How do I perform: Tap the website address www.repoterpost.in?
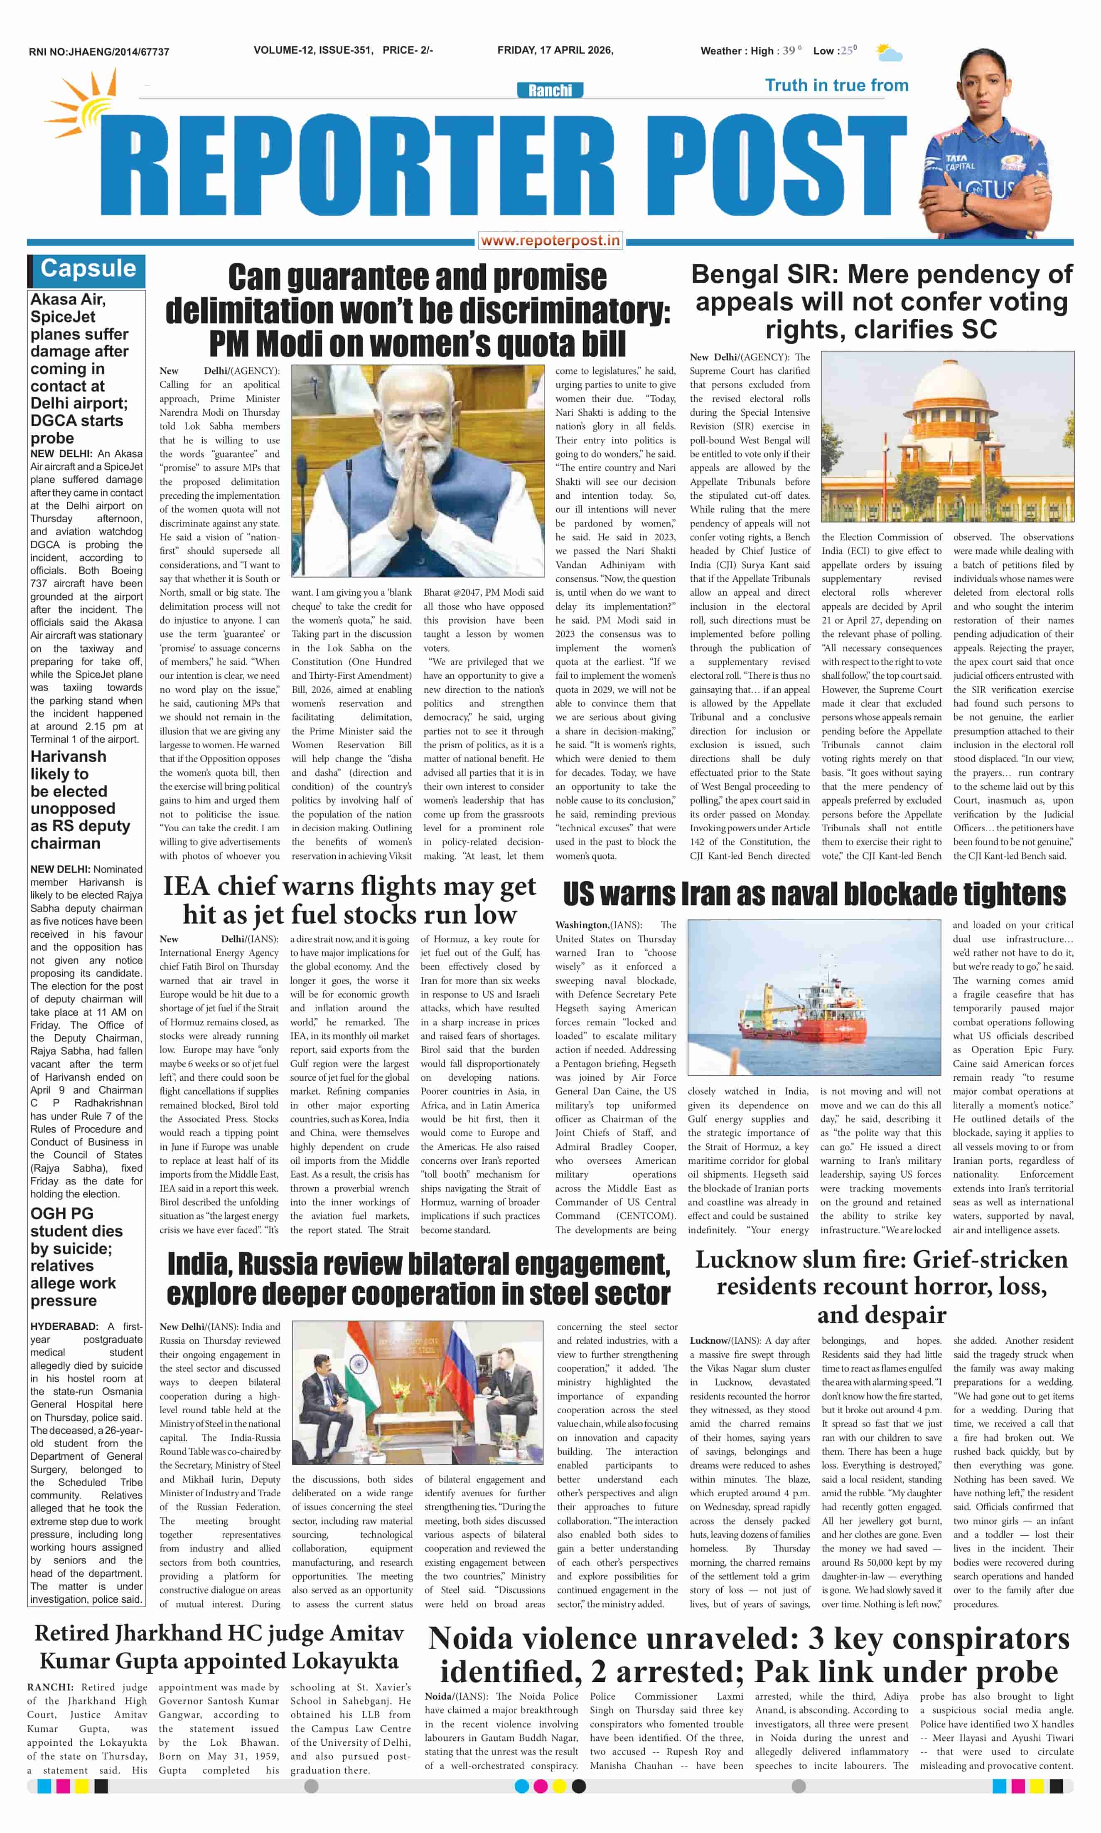(x=550, y=240)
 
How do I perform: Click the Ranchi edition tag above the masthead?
(x=550, y=91)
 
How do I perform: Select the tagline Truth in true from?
(x=836, y=85)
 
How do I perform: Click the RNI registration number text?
(x=99, y=52)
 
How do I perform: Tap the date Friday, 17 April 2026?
(x=555, y=50)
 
